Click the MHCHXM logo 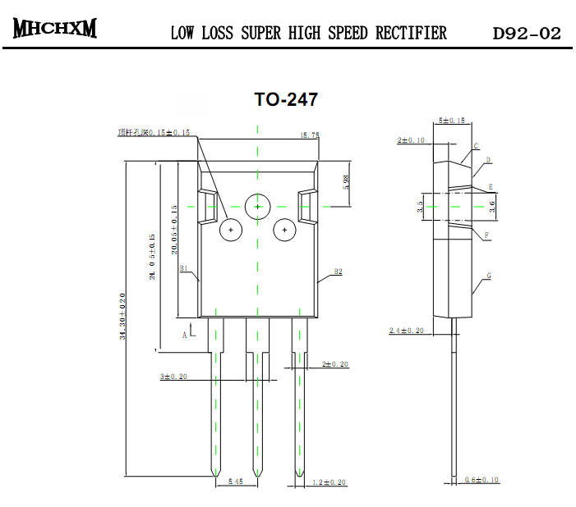pos(55,29)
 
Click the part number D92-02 pos(527,34)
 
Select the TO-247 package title pos(285,100)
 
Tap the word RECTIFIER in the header pos(412,34)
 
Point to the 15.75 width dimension pos(310,135)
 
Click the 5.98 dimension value pos(346,182)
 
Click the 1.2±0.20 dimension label pos(329,482)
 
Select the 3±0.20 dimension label pos(173,377)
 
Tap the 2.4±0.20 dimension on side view pos(406,331)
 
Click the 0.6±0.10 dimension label pos(482,480)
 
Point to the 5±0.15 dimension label pos(452,121)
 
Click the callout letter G pos(489,276)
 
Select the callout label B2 pos(338,271)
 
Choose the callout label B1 pos(184,268)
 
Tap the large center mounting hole pos(258,206)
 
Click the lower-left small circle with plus pos(231,231)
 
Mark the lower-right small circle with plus pos(284,231)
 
